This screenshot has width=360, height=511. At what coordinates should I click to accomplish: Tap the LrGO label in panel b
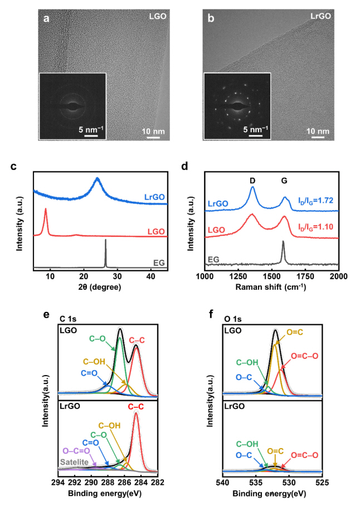click(x=321, y=16)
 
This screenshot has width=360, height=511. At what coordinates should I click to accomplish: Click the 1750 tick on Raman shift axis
click(x=305, y=278)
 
